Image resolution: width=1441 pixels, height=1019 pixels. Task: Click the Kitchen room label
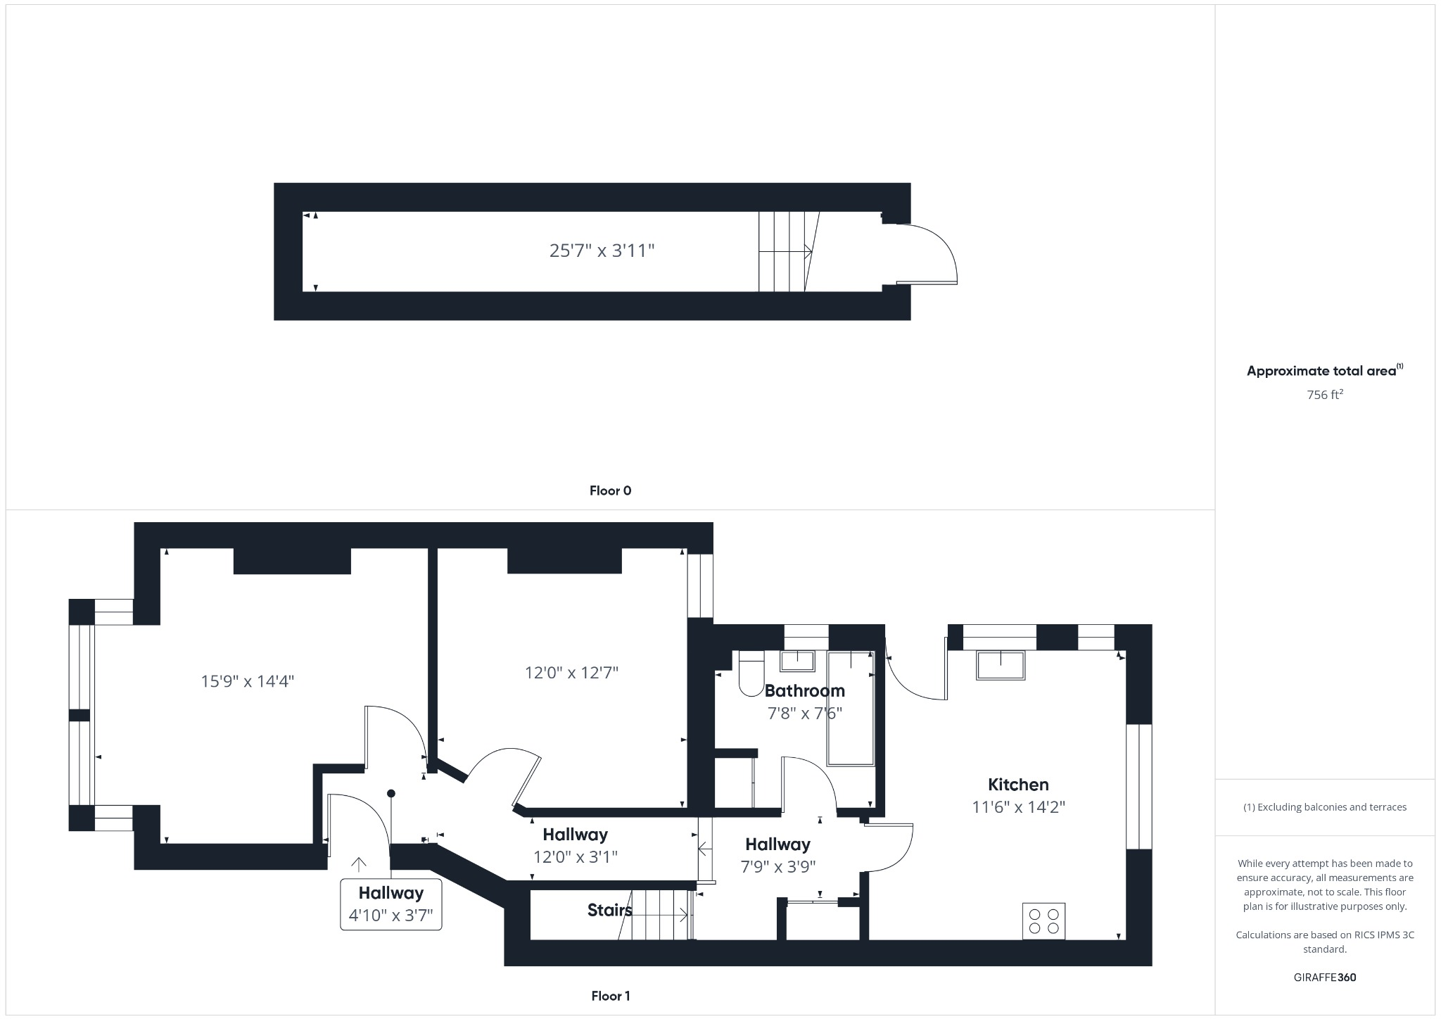[x=1018, y=785]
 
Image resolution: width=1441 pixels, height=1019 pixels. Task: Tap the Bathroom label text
[x=804, y=690]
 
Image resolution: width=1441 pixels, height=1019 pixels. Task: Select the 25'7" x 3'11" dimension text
[x=602, y=251]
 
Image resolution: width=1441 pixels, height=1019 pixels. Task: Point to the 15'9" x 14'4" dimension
[x=247, y=681]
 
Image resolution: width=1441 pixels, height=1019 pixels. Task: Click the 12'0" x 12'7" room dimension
[x=571, y=673]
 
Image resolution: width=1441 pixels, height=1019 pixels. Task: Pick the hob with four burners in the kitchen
[x=1043, y=921]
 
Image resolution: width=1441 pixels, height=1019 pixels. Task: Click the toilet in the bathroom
[x=750, y=674]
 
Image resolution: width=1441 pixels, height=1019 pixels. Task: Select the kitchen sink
[x=1000, y=665]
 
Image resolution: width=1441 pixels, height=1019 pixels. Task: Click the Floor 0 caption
[x=610, y=490]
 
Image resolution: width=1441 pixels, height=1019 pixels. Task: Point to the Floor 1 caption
[x=610, y=996]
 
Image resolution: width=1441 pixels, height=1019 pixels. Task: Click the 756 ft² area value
[x=1324, y=395]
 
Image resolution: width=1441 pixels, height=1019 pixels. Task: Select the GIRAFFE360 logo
[x=1324, y=977]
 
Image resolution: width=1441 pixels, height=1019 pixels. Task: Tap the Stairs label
[x=609, y=911]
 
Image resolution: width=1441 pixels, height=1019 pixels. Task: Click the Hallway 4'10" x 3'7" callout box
[x=391, y=904]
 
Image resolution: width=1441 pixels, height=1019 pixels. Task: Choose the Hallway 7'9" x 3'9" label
[x=777, y=855]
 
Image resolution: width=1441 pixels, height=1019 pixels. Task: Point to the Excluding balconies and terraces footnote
[x=1324, y=807]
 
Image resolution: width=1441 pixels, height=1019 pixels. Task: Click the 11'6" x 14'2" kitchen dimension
[x=1018, y=807]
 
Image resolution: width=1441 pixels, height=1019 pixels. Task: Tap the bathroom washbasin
[x=797, y=662]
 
